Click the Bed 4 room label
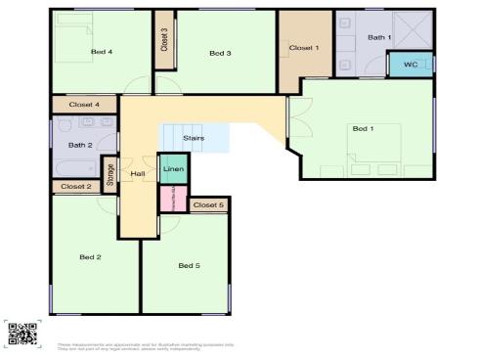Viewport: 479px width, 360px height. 102,52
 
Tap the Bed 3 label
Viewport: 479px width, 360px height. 220,53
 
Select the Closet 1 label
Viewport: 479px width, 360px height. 303,47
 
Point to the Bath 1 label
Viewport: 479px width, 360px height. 379,37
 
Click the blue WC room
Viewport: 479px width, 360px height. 410,65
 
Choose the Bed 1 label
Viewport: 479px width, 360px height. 363,128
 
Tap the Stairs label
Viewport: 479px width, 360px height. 194,138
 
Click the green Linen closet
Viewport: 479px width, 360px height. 172,169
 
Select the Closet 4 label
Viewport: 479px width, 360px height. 84,104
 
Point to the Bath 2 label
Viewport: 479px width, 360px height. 80,146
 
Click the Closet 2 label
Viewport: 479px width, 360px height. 75,186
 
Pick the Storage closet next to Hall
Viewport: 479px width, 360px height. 109,173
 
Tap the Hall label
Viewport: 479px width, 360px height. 138,172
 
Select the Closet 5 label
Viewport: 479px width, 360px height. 207,205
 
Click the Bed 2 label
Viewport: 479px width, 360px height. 91,257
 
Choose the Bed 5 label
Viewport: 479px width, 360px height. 189,265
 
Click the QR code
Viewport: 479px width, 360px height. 22,334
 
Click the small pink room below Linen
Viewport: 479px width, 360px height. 172,199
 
